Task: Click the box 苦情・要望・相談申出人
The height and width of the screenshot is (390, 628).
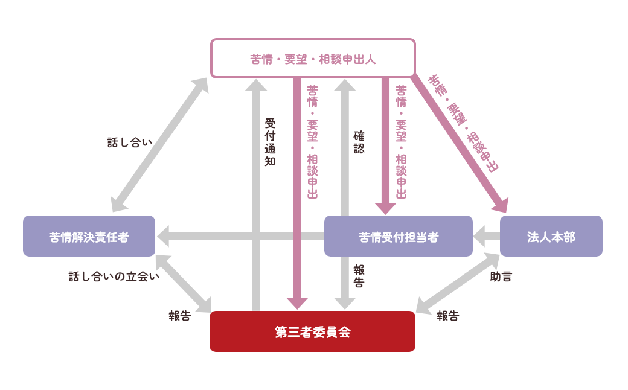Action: [313, 59]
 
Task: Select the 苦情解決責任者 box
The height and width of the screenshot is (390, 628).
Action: [89, 237]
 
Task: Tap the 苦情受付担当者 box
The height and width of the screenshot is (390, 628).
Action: [398, 237]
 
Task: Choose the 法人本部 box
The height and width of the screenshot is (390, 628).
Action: [551, 237]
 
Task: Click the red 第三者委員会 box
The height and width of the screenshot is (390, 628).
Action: [312, 331]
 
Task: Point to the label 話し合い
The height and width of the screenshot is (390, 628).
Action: [129, 142]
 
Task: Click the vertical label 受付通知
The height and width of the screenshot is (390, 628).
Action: [270, 142]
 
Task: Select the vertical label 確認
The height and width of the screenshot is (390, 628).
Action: [359, 142]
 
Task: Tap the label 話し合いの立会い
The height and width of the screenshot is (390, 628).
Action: [114, 277]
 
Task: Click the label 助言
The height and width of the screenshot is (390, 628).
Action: [501, 277]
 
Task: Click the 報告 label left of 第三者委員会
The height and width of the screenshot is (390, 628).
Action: [179, 316]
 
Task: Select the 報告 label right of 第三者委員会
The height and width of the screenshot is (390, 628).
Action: [447, 316]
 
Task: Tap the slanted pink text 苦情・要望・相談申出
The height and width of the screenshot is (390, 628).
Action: [463, 124]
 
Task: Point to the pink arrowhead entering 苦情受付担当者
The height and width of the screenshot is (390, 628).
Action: [385, 208]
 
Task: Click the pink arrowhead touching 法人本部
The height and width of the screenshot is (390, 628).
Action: [501, 205]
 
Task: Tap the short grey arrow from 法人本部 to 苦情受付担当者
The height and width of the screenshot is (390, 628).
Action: [487, 237]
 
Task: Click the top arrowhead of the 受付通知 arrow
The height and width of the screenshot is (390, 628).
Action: [256, 85]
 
